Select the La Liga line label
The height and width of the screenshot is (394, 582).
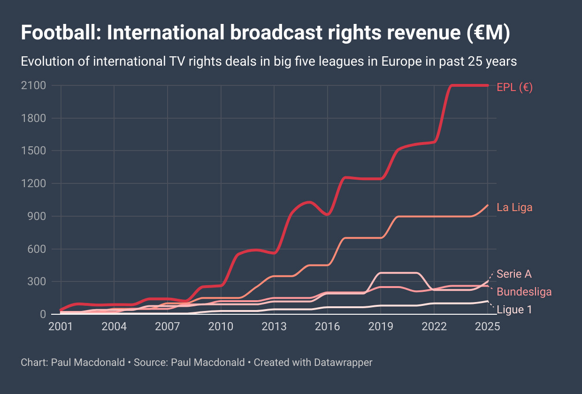pyautogui.click(x=514, y=207)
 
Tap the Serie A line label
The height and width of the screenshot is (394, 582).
pyautogui.click(x=514, y=274)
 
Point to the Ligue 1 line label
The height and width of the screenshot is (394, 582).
pyautogui.click(x=514, y=310)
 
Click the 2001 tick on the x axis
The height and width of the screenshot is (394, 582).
pyautogui.click(x=61, y=326)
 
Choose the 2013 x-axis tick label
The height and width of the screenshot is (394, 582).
pyautogui.click(x=274, y=326)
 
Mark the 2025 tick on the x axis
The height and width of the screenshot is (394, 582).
pyautogui.click(x=488, y=326)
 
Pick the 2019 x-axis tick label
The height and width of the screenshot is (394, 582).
pyautogui.click(x=381, y=326)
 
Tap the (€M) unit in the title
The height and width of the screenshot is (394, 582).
pyautogui.click(x=488, y=34)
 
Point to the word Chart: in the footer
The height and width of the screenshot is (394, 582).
pyautogui.click(x=34, y=363)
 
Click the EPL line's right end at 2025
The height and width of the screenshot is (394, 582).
pyautogui.click(x=488, y=85)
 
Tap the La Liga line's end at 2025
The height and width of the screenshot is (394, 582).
pyautogui.click(x=488, y=205)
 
